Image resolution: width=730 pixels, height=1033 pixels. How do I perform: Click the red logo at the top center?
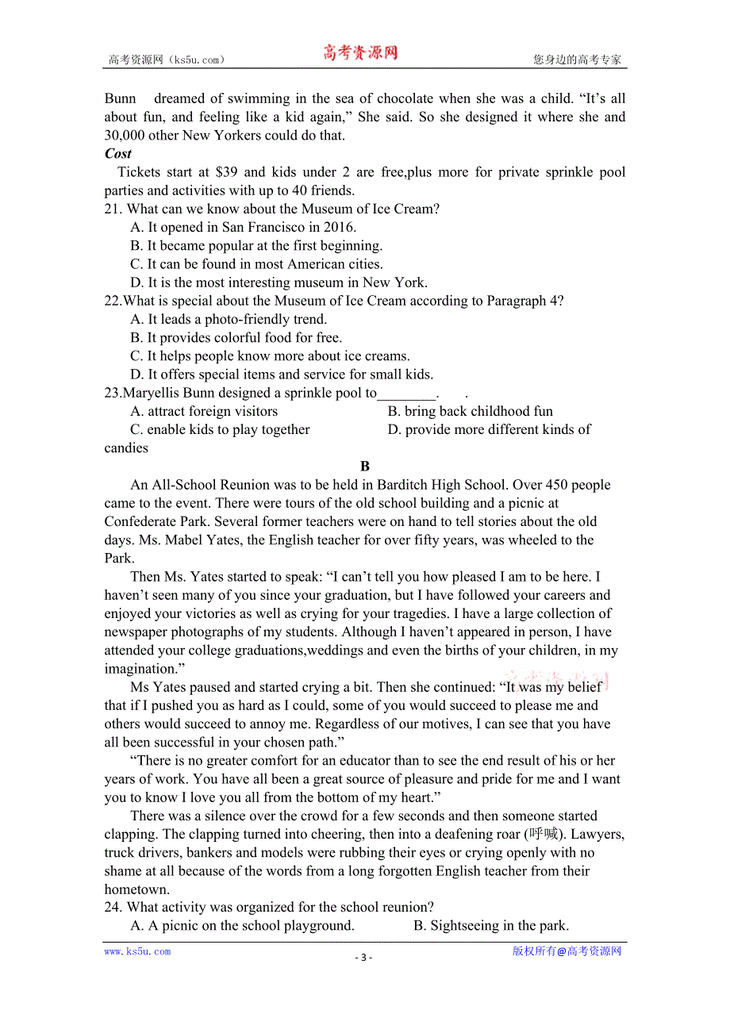tap(359, 54)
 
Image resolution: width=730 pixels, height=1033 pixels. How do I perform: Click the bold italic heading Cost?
tap(118, 154)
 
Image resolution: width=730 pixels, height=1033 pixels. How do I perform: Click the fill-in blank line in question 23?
tap(407, 394)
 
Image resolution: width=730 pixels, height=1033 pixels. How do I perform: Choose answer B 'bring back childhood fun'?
tap(470, 412)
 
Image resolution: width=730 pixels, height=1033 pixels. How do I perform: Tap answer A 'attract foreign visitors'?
tap(204, 412)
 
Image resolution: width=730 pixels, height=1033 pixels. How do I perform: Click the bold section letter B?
tap(365, 467)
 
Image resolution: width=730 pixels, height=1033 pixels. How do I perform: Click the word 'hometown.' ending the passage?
tap(137, 889)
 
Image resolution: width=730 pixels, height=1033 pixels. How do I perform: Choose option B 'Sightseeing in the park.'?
tap(491, 926)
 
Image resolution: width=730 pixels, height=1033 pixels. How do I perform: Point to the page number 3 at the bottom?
tap(363, 957)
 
